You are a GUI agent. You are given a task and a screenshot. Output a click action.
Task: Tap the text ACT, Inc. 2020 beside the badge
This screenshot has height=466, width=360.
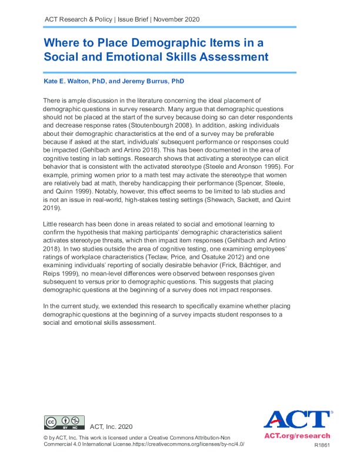[x=112, y=426]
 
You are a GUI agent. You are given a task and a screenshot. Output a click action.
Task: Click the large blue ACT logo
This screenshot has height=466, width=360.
[x=296, y=420]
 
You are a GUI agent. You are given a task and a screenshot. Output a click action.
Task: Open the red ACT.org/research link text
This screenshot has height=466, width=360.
[x=297, y=436]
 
